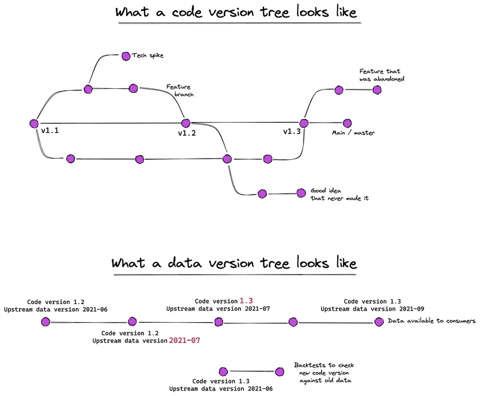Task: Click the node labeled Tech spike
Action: (x=126, y=56)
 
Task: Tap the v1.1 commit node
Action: (x=34, y=124)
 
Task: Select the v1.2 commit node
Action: (x=186, y=123)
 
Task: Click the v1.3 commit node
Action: (x=304, y=123)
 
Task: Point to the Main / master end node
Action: (x=347, y=123)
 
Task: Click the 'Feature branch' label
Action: (x=180, y=90)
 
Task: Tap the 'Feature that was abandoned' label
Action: (x=382, y=75)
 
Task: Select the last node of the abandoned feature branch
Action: (x=377, y=90)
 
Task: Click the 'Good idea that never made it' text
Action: (x=340, y=194)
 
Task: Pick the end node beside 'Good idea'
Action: (x=301, y=193)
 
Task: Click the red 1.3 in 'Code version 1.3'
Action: (x=246, y=301)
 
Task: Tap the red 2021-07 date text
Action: (x=185, y=340)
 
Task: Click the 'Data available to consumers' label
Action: (x=431, y=321)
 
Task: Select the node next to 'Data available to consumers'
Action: (x=379, y=322)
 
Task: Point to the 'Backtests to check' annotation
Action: (x=324, y=365)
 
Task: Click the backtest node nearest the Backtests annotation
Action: (x=280, y=372)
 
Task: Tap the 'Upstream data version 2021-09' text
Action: (x=372, y=309)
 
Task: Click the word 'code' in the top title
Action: (x=187, y=12)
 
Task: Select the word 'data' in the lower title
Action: (x=185, y=263)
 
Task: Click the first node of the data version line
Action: (x=46, y=322)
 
